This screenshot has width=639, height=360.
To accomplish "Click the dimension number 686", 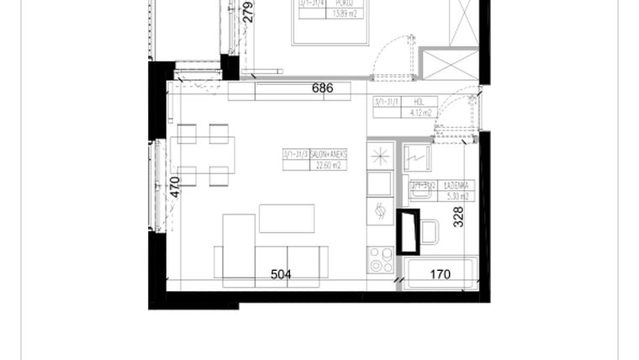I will pos(322,87).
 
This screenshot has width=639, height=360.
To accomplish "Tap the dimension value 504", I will pos(281,274).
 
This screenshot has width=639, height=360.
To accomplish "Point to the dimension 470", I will pos(175,186).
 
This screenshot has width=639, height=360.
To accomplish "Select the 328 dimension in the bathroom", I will pos(458,217).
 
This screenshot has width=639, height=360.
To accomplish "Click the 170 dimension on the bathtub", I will pos(441,274).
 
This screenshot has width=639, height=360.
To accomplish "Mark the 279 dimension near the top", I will pos(247,12).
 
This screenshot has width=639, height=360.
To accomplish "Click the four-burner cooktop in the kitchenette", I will pos(381,260).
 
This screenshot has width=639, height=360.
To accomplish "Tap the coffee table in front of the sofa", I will pos(287,219).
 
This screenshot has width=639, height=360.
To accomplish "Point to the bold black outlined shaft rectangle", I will pos(409,230).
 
